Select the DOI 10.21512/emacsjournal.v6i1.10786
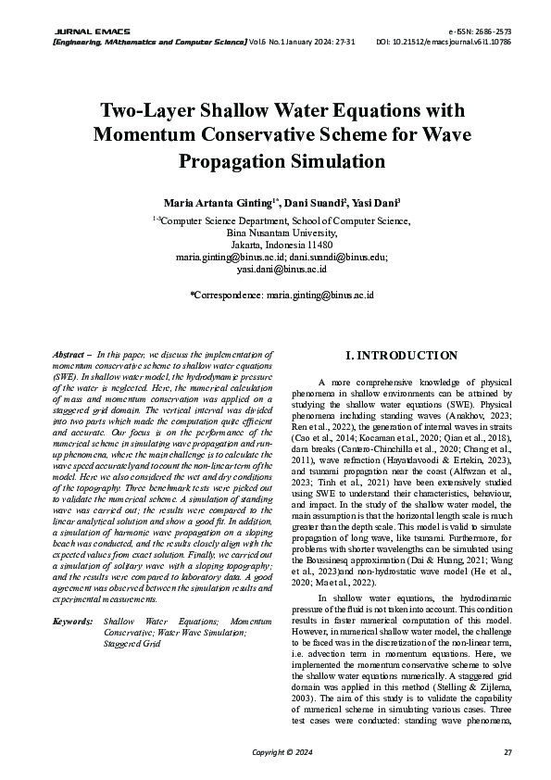[x=457, y=43]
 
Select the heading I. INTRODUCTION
[x=400, y=356]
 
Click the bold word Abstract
[x=70, y=355]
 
